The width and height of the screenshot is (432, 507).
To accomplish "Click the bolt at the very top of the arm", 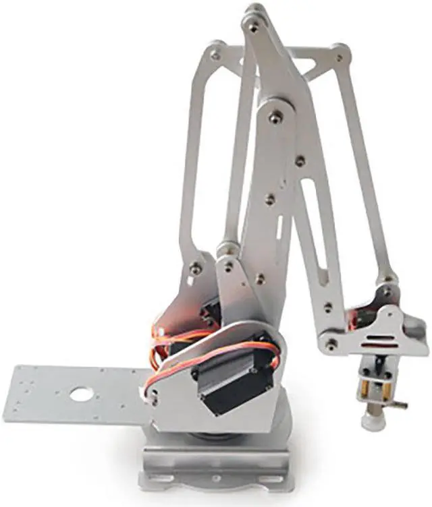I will point(254,27).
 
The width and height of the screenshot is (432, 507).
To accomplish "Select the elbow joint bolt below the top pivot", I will point(275,118).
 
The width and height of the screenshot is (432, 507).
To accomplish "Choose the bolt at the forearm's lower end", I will point(331,344).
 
